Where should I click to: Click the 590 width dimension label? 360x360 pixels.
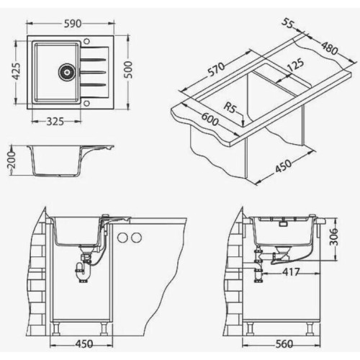[72, 24]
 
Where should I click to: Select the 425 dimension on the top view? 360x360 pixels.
[17, 71]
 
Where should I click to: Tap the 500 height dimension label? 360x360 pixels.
[128, 70]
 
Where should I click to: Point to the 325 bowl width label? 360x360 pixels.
[55, 122]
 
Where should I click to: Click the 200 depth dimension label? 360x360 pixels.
[12, 160]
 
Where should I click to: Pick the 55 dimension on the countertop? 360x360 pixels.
[288, 24]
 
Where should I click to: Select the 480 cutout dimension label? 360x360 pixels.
[330, 48]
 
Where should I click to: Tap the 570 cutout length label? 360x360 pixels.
[216, 69]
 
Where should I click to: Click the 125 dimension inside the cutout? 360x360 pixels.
[295, 65]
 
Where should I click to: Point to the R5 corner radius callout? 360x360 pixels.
[230, 107]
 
